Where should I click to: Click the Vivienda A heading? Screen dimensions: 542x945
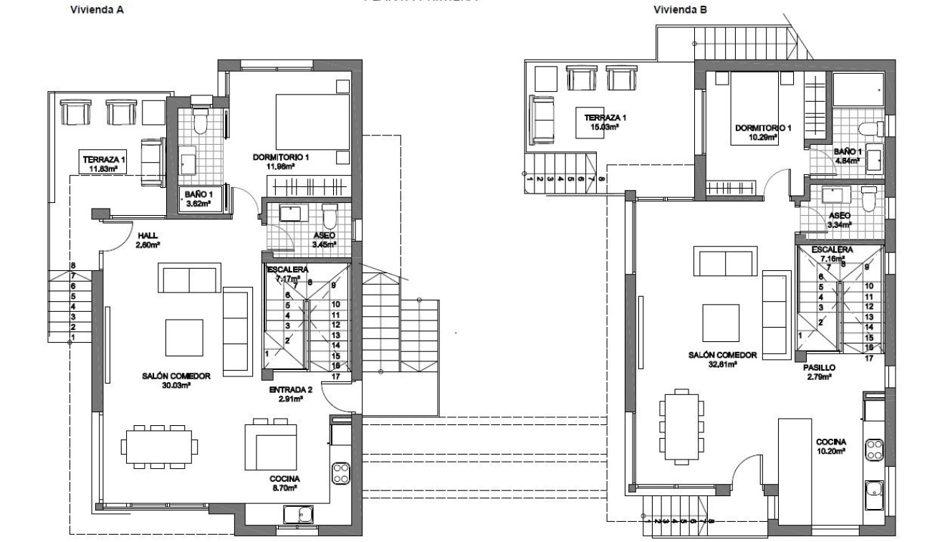coord(92,11)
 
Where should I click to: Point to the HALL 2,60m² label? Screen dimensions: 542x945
coord(148,239)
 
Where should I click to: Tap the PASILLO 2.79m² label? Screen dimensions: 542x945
coord(819,371)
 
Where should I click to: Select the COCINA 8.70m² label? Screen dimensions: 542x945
coord(284,482)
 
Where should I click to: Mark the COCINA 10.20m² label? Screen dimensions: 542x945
coord(831,447)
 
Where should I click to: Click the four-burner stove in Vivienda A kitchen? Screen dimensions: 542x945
coord(340,472)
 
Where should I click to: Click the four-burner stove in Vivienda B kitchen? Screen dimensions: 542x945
coord(874,450)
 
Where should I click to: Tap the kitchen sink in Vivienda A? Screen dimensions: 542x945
coord(297,514)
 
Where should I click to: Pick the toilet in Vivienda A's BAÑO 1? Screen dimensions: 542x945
coord(200,123)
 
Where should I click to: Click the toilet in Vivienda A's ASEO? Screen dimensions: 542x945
coord(330,215)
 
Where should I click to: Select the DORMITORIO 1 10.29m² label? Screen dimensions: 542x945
coord(763,133)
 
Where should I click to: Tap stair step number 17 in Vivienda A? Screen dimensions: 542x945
coord(335,376)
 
